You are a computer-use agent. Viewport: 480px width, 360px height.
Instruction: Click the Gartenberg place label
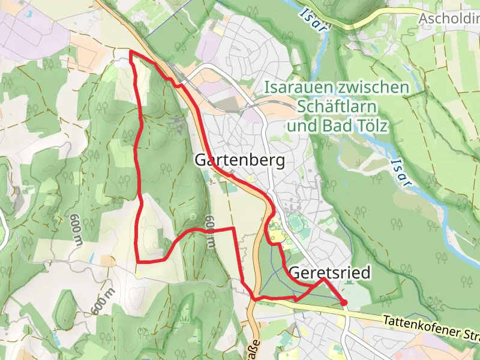239,161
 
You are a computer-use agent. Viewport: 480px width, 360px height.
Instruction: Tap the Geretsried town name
329,272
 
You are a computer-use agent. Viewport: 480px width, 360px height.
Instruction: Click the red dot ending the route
344,302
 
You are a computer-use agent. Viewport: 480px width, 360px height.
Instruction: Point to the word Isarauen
296,88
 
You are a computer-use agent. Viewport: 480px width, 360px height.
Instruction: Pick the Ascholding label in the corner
449,19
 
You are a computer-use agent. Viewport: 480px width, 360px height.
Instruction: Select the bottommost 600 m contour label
103,299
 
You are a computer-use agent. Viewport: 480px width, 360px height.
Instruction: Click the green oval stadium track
297,224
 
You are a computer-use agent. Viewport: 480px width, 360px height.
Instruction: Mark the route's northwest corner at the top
131,53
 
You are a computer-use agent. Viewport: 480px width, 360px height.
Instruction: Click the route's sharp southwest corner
138,262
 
